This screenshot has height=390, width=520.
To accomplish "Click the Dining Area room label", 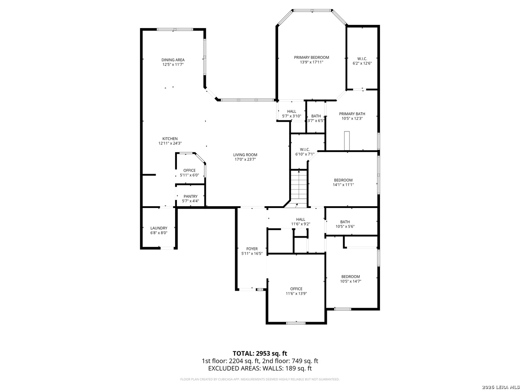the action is pos(173,60).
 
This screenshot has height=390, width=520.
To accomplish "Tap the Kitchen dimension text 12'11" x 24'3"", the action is pos(170,143).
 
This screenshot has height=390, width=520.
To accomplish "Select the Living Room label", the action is pos(245,155).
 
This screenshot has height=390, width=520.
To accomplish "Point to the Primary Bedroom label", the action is pos(311,57).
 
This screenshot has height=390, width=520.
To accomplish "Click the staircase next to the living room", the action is pos(299,186).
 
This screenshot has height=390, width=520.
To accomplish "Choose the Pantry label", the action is pos(190,196).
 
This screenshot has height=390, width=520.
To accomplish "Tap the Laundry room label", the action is pos(159,228).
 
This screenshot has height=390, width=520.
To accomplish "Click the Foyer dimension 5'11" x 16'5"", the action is pos(252,253).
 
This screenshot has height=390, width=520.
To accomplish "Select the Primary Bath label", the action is pos(352,114).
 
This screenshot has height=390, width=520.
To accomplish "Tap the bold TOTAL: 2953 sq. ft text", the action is pos(260,354).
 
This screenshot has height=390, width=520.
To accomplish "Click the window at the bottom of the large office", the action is pos(296,323).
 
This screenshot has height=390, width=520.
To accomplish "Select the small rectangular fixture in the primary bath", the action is pos(347,141).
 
